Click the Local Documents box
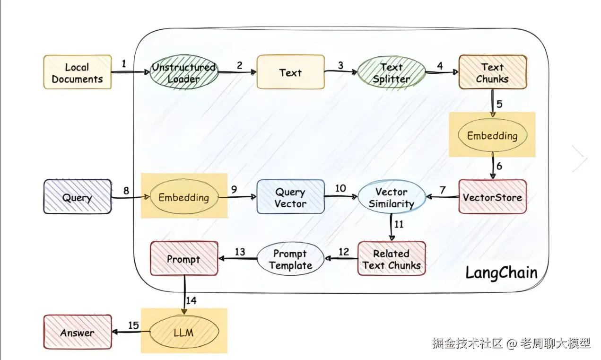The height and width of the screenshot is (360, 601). tap(78, 73)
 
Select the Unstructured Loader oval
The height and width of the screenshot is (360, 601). tap(183, 73)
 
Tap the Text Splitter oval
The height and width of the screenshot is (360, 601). tap(392, 73)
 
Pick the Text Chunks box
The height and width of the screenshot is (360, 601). tap(493, 73)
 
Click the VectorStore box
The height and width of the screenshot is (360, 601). tap(493, 197)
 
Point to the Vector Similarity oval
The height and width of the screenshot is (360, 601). tap(392, 198)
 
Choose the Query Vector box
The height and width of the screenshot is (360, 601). tap(290, 197)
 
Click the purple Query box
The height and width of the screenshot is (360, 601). tap(78, 197)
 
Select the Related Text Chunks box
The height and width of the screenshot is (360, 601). tap(392, 259)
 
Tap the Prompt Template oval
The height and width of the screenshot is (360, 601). tap(290, 259)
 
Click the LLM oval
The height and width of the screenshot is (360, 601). tap(183, 332)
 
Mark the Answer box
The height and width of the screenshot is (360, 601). tap(78, 332)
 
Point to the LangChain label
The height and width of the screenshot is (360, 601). tap(501, 272)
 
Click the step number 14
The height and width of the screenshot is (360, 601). tap(191, 300)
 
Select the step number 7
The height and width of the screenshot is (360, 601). tap(443, 190)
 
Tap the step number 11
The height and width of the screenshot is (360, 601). tap(399, 224)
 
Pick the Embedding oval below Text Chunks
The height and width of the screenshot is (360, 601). tap(493, 135)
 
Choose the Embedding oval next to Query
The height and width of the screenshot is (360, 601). tap(183, 197)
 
